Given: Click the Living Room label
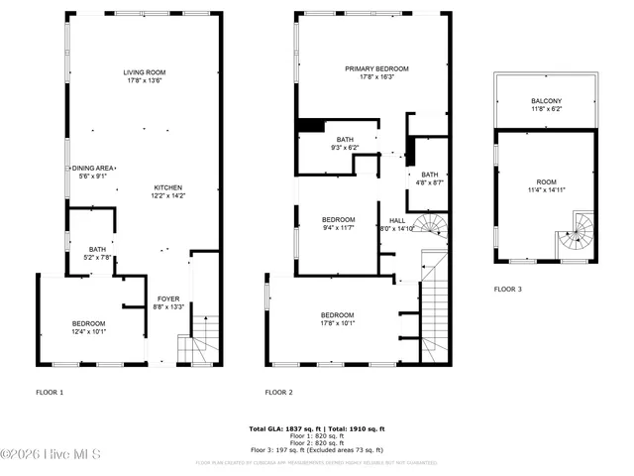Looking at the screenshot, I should (x=145, y=76).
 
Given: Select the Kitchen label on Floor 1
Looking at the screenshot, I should (x=167, y=191).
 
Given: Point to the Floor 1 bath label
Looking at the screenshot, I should (x=97, y=253).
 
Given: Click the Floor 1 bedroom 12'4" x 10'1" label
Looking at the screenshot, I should (x=88, y=327).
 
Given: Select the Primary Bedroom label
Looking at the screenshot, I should (x=376, y=72).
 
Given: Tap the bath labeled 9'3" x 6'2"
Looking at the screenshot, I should (x=345, y=143).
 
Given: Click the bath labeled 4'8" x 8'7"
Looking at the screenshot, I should (x=430, y=178).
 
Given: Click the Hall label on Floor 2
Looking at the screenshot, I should (x=397, y=224).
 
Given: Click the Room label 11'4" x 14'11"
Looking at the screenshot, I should (x=546, y=185).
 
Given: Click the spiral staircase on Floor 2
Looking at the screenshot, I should (x=431, y=227).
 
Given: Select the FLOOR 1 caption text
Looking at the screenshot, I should (x=50, y=393).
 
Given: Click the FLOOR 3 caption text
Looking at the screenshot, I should (x=508, y=290).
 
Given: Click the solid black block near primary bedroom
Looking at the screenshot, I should (x=311, y=125).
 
